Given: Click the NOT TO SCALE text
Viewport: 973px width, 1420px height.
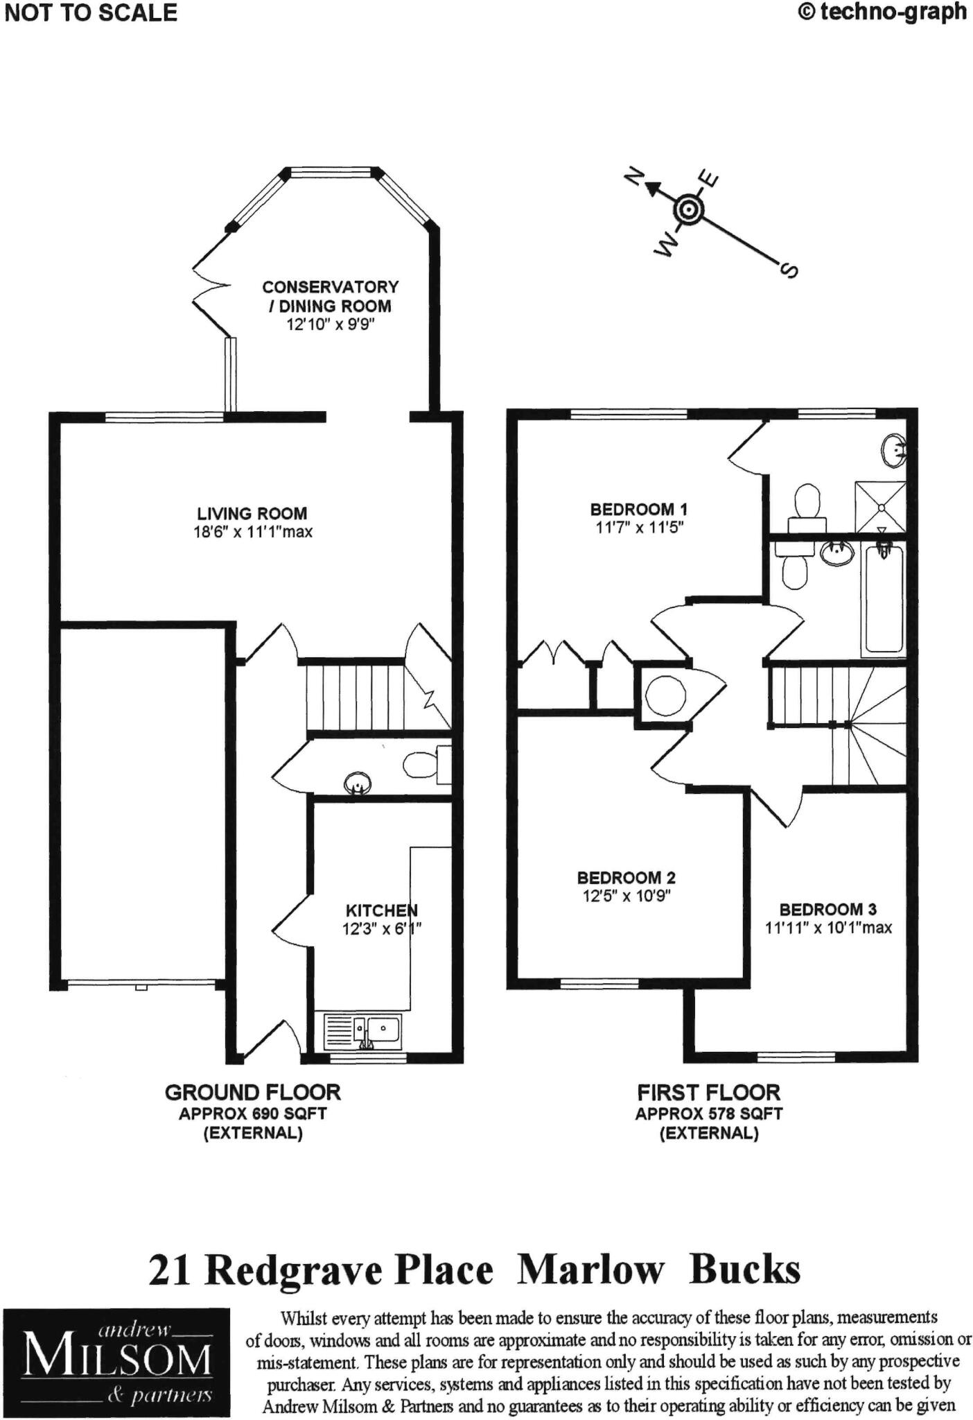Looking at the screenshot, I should point(91,13).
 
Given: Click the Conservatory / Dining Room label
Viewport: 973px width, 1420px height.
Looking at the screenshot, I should point(331,296).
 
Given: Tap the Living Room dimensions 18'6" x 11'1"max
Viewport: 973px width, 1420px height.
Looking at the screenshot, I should point(252,532).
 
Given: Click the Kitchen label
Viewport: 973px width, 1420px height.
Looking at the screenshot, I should point(381,910).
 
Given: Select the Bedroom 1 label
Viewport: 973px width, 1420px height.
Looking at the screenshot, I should point(638,509).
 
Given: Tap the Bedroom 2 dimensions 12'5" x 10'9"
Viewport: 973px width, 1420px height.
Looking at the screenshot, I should point(626,895).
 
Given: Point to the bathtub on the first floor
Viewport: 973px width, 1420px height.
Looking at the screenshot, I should point(883,597).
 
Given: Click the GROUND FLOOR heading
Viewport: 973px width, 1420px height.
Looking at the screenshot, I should point(252,1093).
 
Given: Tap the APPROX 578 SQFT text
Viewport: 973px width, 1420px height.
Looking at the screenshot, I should point(708,1114).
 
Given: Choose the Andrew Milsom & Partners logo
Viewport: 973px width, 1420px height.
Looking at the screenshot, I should point(116,1362).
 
